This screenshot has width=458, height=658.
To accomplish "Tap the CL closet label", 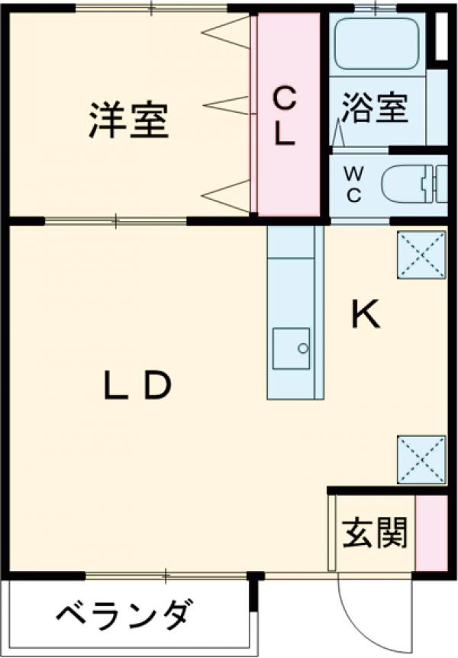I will coord(285,116).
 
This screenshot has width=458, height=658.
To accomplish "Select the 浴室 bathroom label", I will coord(374,108).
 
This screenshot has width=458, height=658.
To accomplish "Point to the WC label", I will coord(354,183).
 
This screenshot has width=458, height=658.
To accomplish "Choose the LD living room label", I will coord(138,387).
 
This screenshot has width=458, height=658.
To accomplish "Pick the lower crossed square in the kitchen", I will coord(421,460).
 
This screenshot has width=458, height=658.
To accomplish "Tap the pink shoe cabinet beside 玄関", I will coord(431,531).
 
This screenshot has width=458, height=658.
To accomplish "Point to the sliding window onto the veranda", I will coord(164,574).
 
